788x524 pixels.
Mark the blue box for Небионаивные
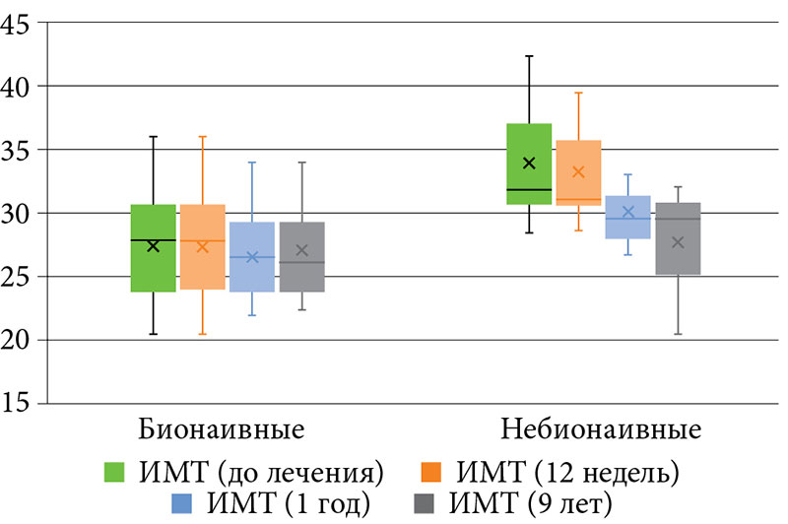click(x=627, y=217)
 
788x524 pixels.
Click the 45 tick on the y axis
click(x=18, y=23)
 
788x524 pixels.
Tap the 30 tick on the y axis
click(x=18, y=213)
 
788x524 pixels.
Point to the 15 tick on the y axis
click(x=18, y=404)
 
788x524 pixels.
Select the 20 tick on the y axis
click(x=18, y=340)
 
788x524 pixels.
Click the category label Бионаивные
click(x=221, y=431)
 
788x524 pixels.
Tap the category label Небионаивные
click(x=601, y=431)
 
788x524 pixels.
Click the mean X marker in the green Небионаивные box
click(x=529, y=163)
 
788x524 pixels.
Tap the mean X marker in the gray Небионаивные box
click(x=678, y=242)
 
